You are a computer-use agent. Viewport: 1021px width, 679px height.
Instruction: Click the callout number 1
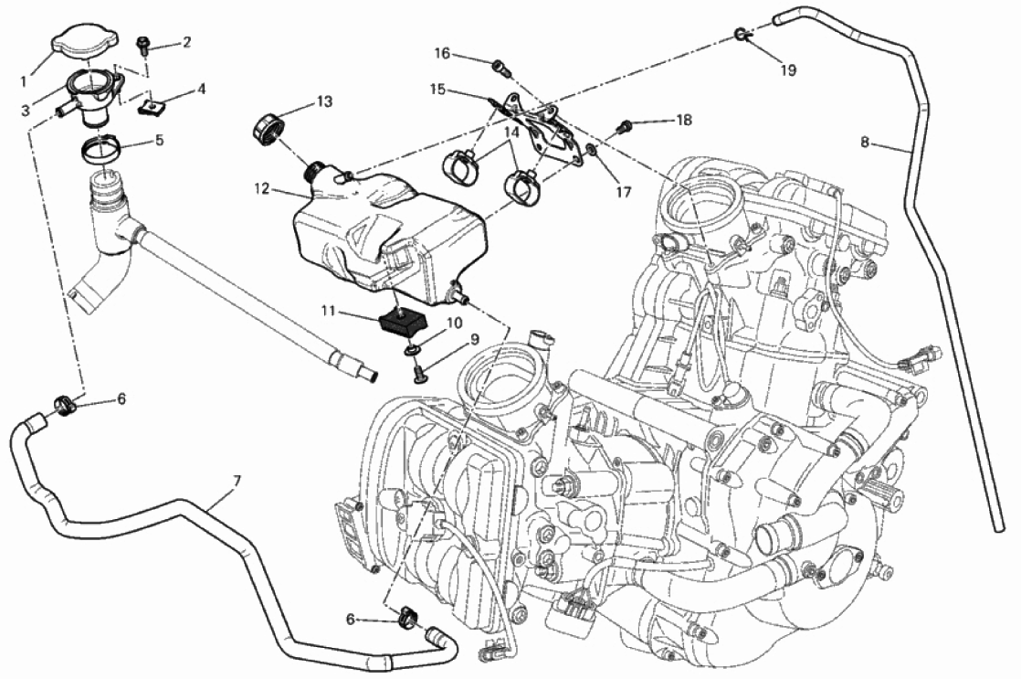point(25,81)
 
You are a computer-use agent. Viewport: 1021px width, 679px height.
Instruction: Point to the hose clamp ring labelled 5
point(106,146)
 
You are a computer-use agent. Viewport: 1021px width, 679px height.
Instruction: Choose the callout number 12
point(262,189)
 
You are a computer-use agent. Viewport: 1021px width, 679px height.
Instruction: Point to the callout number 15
point(437,90)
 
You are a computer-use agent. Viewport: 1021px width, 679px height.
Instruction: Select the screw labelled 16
point(499,65)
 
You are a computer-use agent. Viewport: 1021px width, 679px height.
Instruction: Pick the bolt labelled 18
point(626,124)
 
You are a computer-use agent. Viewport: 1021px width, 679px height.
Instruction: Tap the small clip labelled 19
point(742,36)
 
